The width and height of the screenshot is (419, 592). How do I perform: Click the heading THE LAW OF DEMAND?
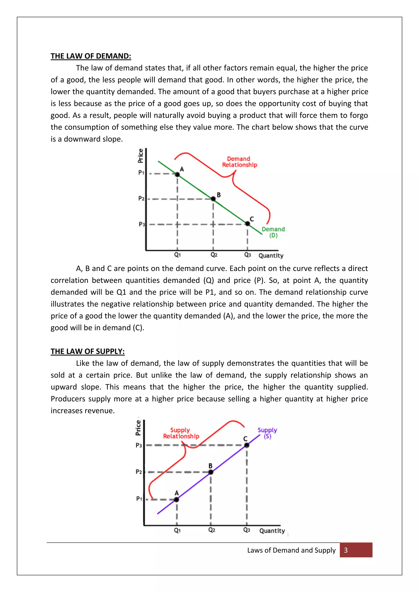[91, 56]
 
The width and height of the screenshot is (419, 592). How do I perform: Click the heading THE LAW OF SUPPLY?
[88, 351]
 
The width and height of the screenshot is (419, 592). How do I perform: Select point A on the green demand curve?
[177, 175]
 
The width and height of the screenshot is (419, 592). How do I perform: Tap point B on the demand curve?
[213, 198]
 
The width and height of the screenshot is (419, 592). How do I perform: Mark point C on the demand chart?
[247, 224]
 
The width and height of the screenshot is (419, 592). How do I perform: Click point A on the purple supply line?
[177, 499]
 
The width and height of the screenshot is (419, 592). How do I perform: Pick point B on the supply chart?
[211, 472]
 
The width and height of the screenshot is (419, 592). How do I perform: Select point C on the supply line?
[247, 445]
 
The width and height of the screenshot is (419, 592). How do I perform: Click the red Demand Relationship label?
[239, 162]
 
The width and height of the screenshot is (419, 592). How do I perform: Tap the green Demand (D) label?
[273, 232]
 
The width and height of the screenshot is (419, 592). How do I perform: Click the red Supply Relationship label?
[181, 433]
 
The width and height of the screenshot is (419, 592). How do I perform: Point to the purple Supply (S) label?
[267, 433]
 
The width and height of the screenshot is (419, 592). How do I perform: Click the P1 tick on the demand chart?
[141, 173]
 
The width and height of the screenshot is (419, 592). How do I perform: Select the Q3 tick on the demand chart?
[247, 255]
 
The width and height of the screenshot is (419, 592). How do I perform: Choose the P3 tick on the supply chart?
[139, 445]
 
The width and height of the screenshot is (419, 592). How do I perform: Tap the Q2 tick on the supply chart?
[212, 530]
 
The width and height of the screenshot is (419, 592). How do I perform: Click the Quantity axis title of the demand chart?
[271, 256]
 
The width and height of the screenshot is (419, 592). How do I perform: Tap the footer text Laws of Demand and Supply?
[291, 550]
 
